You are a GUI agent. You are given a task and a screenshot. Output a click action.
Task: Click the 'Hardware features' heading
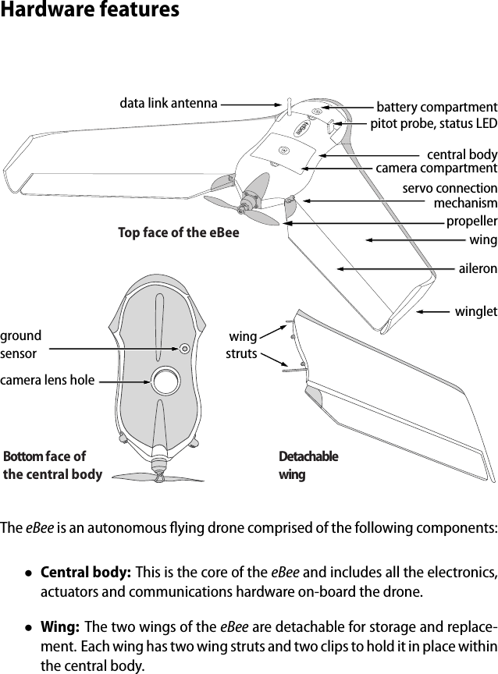tap(90, 11)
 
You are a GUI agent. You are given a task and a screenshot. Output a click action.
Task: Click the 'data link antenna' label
tap(168, 102)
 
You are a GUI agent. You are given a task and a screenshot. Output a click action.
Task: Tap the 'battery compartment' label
tap(436, 107)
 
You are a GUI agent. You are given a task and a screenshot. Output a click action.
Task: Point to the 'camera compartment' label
tap(436, 168)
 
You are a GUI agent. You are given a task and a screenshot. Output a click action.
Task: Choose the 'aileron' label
tap(477, 268)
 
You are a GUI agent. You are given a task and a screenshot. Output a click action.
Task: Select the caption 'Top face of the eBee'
tap(179, 232)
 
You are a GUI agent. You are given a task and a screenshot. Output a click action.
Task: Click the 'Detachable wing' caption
tap(308, 465)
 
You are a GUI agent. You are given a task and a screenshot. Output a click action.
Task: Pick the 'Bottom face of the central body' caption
tap(52, 465)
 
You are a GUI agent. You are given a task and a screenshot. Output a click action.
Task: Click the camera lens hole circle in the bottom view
tap(166, 381)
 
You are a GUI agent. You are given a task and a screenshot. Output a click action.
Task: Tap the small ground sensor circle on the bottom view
tap(185, 348)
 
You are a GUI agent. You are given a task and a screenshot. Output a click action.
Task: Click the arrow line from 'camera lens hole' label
tap(123, 381)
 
